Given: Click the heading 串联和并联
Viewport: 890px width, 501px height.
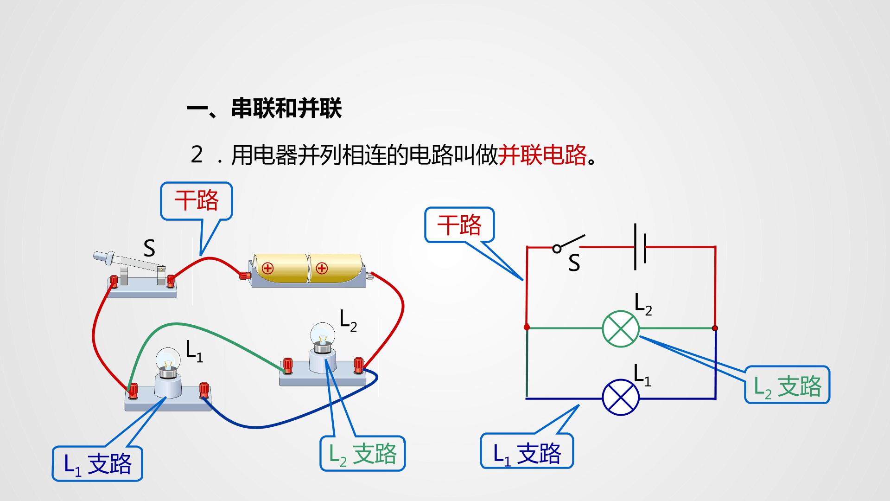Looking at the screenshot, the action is click(286, 109).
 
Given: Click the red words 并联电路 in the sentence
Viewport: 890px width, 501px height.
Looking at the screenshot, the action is click(542, 155).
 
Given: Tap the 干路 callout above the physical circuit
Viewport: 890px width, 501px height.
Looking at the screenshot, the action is click(196, 200).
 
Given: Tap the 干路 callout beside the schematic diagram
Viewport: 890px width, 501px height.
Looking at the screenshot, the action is click(459, 225).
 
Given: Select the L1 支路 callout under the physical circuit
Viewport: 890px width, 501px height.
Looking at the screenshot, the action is click(97, 463).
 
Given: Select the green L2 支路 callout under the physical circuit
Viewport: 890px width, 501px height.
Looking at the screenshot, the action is click(362, 454).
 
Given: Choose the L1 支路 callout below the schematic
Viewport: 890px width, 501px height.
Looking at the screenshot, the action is click(527, 451).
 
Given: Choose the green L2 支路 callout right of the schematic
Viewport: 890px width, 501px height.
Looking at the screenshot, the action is click(787, 385).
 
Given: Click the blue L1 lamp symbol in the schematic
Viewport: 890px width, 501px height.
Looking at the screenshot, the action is click(621, 398).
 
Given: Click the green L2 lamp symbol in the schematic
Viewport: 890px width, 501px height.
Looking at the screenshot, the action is click(621, 328).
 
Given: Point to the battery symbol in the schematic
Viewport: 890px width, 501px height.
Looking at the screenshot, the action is click(640, 247).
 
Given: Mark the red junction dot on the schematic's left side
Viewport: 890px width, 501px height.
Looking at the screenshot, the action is click(527, 327).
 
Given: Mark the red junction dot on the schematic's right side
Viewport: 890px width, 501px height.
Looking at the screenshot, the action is click(715, 328).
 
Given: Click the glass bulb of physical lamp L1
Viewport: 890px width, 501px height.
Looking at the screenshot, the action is click(167, 357).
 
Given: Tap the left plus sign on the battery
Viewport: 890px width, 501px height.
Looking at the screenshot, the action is click(267, 268).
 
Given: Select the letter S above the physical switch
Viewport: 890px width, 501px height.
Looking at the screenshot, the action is click(149, 248).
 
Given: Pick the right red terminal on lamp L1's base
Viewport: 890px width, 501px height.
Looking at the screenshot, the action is click(203, 389).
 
